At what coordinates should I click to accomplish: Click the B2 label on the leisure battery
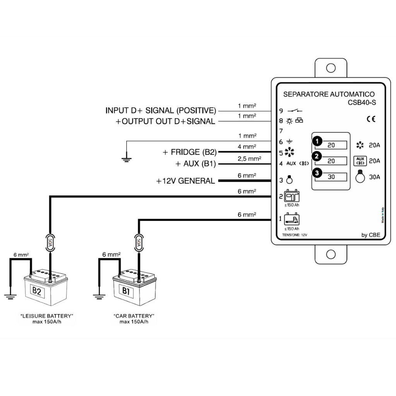coord(37,291)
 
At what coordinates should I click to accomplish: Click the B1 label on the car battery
coord(126,290)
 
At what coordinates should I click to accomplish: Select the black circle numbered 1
coord(317,141)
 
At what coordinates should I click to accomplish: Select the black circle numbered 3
coord(317,173)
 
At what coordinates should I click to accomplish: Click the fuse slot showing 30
coord(331,177)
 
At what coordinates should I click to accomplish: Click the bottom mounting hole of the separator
coord(331,254)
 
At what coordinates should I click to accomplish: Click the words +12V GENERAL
coord(186,181)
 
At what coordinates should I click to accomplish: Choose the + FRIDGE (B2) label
coord(189,152)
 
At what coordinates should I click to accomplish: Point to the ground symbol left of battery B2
coord(10,297)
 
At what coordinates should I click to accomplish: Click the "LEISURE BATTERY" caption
coord(47,316)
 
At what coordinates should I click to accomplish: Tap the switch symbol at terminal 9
coord(295,111)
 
